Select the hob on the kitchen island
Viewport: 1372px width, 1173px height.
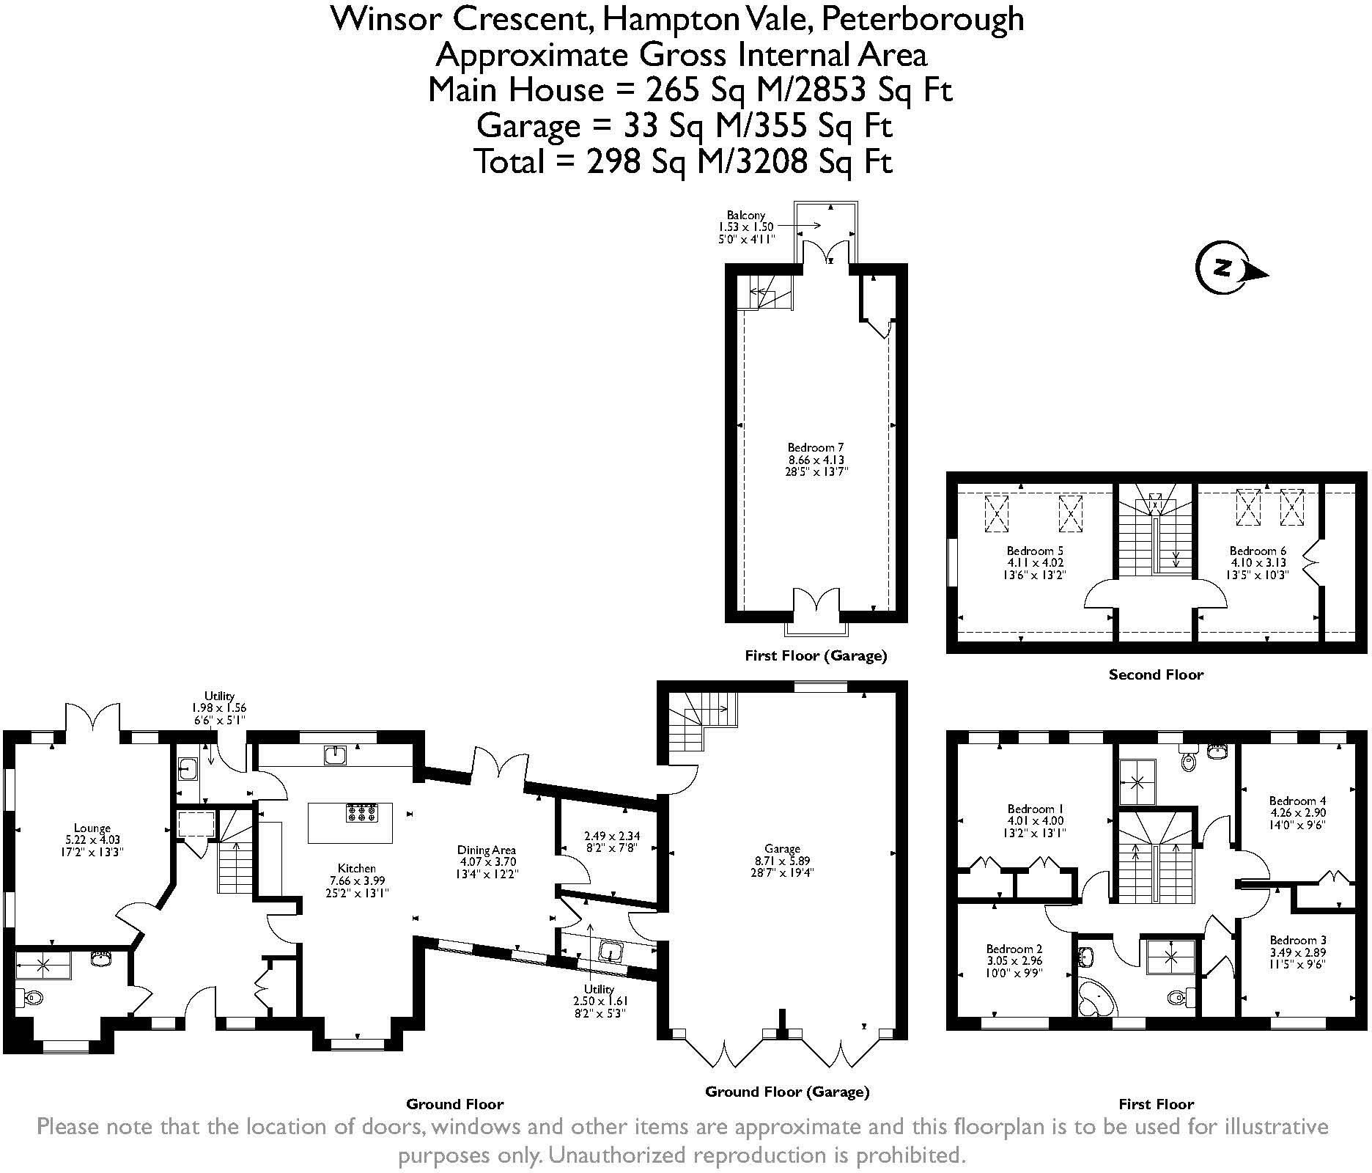point(361,812)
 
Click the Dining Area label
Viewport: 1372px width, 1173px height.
point(487,862)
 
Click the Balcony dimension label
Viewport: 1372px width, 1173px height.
point(746,227)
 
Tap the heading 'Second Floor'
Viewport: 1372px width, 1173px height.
point(1156,674)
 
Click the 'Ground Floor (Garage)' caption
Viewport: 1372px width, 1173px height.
point(787,1092)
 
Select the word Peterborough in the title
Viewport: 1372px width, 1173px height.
point(922,18)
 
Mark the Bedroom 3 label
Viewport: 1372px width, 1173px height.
point(1297,952)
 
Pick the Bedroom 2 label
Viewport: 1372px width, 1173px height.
point(1014,960)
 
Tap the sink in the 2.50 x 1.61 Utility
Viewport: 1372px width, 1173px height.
point(610,952)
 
